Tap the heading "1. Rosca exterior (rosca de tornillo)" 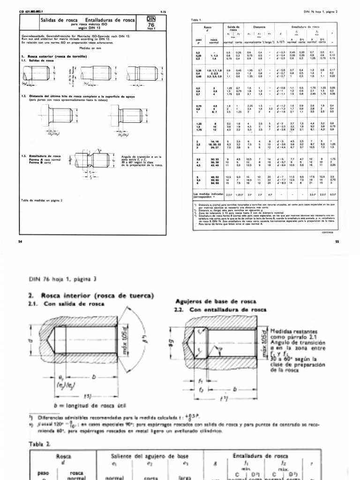click(x=54, y=57)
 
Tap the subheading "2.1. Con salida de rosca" click(x=56, y=306)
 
